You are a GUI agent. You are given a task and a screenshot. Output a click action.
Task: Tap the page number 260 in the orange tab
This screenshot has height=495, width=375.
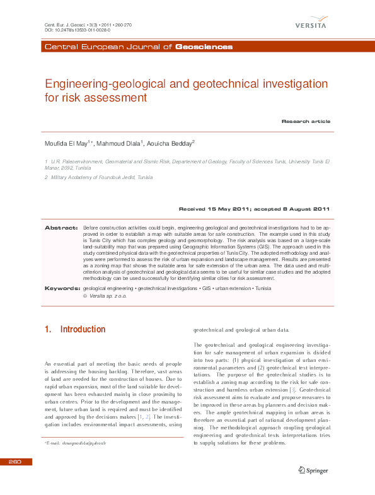point(15,462)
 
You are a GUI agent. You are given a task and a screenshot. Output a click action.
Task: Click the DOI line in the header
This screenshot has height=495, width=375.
point(78,30)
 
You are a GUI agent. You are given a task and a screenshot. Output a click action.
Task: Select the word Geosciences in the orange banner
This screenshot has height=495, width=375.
point(203,47)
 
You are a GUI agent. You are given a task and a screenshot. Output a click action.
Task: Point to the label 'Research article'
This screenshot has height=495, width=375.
point(306,121)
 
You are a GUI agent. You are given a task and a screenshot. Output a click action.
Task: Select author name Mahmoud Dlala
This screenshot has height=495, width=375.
point(120,144)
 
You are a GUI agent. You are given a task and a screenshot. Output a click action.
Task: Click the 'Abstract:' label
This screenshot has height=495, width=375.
point(61,226)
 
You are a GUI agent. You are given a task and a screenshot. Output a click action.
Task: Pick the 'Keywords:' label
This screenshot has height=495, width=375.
point(61,288)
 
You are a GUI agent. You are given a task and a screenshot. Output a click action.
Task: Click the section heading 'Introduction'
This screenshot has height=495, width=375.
point(82,329)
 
